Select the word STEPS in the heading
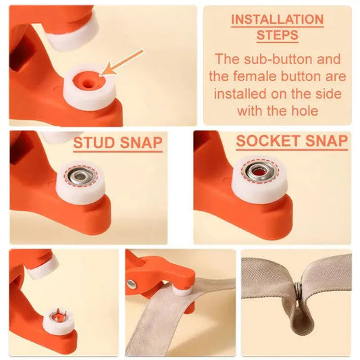click(277, 34)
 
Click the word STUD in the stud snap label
click(93, 143)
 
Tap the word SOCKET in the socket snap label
click(263, 141)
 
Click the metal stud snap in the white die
click(80, 178)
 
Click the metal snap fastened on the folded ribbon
click(297, 289)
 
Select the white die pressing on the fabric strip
click(182, 290)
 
